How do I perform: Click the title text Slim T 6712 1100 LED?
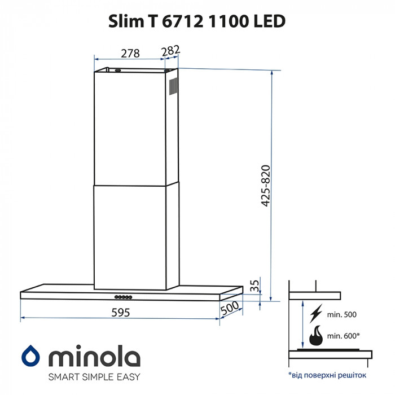point(197,21)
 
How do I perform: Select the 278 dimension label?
point(130,53)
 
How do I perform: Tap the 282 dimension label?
point(170,51)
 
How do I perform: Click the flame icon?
point(316,336)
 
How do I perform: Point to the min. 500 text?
point(342,314)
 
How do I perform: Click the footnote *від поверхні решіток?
point(327,375)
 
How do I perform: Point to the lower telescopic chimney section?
point(130,237)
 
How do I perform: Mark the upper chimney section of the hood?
point(130,127)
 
